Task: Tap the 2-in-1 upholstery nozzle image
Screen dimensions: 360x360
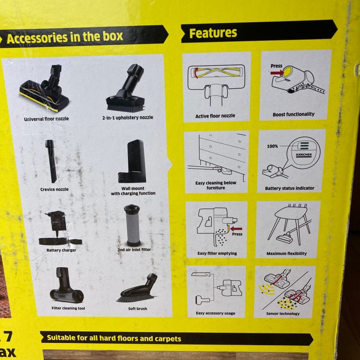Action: [x=126, y=88]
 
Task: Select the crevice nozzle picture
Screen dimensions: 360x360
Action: [x=51, y=161]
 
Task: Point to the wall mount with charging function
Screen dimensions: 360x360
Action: [x=132, y=161]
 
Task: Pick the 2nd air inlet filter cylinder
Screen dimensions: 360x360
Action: [x=132, y=225]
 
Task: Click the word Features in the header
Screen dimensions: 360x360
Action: [x=213, y=33]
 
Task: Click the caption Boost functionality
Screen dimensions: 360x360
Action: [x=294, y=114]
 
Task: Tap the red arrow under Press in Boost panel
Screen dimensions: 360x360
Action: [x=277, y=73]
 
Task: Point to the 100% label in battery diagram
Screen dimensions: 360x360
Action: [x=272, y=146]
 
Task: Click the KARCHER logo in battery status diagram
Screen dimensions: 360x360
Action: [x=304, y=155]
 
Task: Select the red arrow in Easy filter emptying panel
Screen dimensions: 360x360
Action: [x=236, y=229]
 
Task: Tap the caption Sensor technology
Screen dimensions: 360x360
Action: [x=283, y=314]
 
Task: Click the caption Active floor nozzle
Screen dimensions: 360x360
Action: [x=215, y=116]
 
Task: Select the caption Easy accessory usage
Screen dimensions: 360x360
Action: [x=216, y=313]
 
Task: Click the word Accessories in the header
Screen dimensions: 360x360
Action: [x=37, y=38]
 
